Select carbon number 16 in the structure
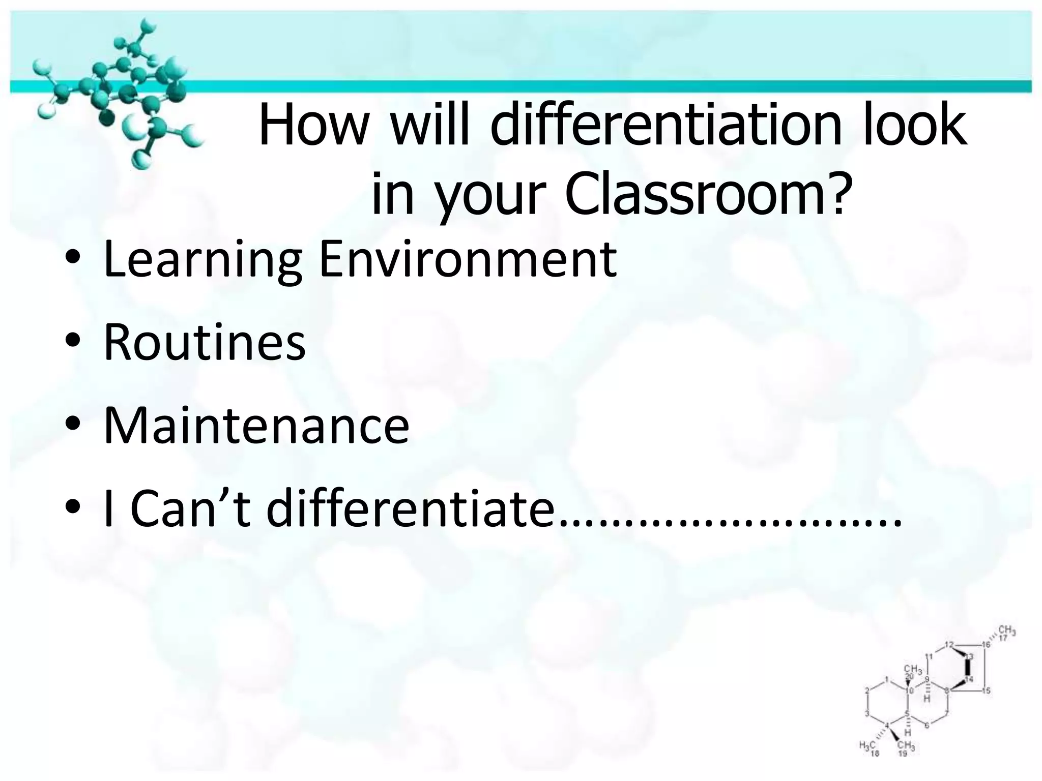986,645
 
